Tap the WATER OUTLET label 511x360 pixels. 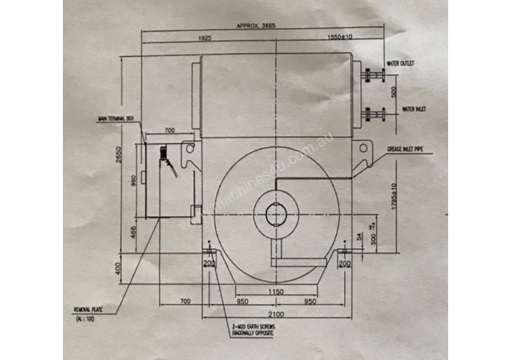pyautogui.click(x=402, y=63)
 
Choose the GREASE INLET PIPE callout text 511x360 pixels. pyautogui.click(x=406, y=150)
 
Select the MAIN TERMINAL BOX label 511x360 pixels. pyautogui.click(x=115, y=119)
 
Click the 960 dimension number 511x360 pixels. pyautogui.click(x=133, y=181)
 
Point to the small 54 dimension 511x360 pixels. pyautogui.click(x=358, y=236)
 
